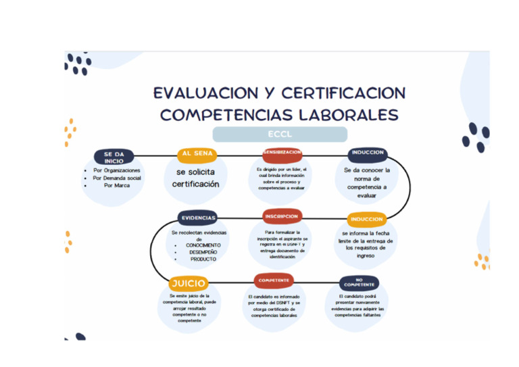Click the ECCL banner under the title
(280, 134)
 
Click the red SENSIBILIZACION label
(282, 152)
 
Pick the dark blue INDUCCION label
(368, 153)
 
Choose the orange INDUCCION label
(367, 219)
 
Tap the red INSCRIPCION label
(282, 216)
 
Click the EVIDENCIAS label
(198, 218)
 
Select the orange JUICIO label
(188, 283)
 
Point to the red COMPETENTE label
(274, 280)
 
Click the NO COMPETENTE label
(359, 282)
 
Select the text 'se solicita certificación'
(195, 178)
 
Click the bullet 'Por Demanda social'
(117, 178)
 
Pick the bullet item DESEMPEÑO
(203, 252)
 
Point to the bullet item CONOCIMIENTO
(203, 245)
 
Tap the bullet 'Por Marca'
(117, 185)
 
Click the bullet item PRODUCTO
(203, 259)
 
